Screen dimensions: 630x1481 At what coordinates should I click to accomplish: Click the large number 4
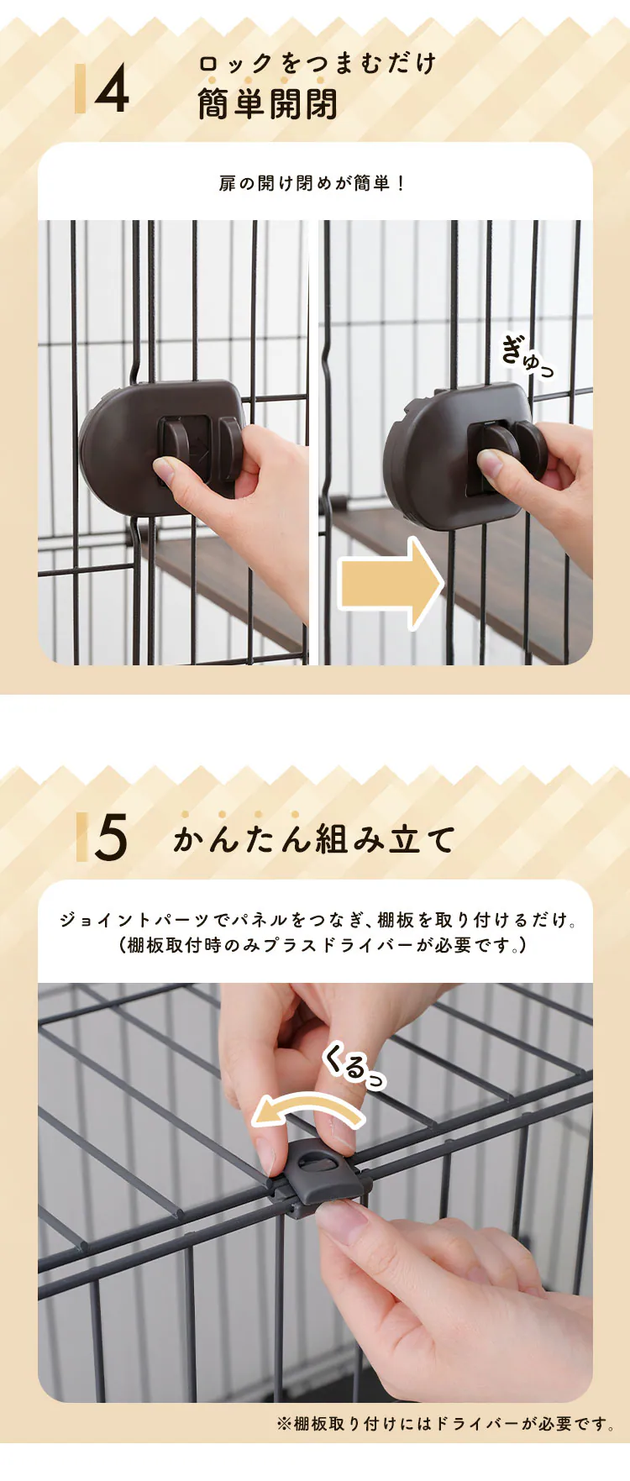coord(113,89)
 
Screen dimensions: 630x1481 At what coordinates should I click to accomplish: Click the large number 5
coord(111,837)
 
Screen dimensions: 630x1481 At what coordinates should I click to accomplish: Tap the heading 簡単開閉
coord(268,104)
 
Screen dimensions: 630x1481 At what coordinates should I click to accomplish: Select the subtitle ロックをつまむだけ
coord(318,63)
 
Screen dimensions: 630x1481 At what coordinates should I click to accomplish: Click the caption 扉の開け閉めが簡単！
coord(312,183)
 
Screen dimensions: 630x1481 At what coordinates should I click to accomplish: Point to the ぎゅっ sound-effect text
coord(528,356)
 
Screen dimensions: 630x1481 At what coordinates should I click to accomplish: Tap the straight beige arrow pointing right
coord(391,584)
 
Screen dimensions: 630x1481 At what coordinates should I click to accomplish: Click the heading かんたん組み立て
coord(314,838)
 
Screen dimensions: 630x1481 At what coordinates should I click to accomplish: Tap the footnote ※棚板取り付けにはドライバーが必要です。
coord(446,1423)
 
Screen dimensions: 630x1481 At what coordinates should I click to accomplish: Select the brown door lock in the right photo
coord(462,455)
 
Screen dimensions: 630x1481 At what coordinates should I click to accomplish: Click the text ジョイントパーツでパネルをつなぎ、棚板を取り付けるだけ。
coord(318,920)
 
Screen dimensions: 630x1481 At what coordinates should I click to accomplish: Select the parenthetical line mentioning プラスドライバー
coord(323,945)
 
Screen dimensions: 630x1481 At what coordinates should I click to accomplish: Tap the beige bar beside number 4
coord(80,89)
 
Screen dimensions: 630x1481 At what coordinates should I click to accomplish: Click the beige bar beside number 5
coord(81,837)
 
